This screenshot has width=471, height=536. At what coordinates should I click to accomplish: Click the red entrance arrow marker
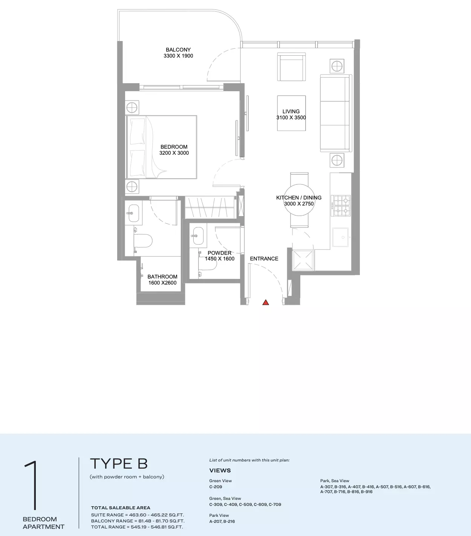coord(266,302)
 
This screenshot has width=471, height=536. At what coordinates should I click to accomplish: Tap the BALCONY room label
coord(178,50)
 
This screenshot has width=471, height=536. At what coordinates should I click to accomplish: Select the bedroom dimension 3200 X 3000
coord(174,153)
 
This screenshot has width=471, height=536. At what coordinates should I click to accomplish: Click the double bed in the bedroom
coord(161,147)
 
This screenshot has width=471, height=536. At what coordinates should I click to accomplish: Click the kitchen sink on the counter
coord(340,237)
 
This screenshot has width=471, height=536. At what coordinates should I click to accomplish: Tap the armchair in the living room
coord(291,67)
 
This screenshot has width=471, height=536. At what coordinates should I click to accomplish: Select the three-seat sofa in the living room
coord(336,113)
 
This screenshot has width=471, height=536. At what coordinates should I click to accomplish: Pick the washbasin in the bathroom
coord(133,213)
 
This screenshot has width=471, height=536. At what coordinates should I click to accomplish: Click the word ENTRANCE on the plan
coord(264,259)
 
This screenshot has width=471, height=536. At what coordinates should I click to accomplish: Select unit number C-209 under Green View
coord(216,487)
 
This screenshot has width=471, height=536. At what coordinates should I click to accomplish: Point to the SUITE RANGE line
coord(138,515)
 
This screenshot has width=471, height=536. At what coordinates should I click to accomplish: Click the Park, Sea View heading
coord(335,481)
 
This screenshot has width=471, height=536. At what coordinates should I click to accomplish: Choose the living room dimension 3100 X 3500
coord(291,118)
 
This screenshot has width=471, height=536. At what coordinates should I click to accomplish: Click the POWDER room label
coord(220,253)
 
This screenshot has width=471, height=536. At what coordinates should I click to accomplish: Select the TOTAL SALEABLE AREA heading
coord(121,508)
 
